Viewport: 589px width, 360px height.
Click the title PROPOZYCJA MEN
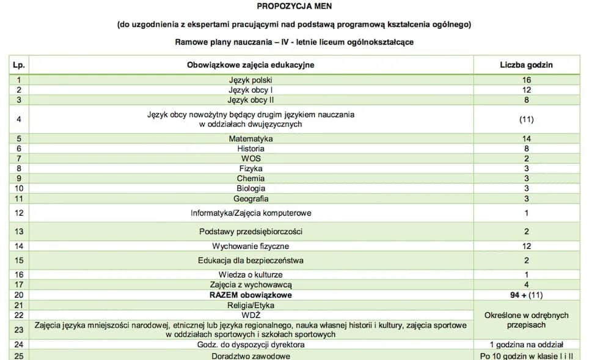(x=294, y=7)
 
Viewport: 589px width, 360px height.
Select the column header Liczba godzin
(x=526, y=65)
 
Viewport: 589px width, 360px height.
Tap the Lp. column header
(x=19, y=65)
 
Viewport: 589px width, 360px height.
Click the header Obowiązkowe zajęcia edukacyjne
(x=251, y=65)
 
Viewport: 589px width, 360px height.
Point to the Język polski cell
(x=251, y=80)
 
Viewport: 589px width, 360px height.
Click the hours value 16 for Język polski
(x=526, y=80)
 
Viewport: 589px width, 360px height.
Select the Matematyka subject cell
(x=251, y=139)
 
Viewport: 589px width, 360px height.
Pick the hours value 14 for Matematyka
(x=526, y=139)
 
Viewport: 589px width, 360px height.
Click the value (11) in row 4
(x=526, y=119)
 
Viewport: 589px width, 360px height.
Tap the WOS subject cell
(x=251, y=158)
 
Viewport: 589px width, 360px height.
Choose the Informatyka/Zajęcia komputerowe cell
(x=251, y=213)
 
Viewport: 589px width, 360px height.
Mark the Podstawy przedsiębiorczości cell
(x=251, y=232)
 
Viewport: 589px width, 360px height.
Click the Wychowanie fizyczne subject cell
(x=251, y=246)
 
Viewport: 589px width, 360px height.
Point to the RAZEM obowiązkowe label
(x=251, y=295)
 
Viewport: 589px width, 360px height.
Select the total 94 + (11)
(x=526, y=295)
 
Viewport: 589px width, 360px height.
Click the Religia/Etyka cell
(x=251, y=305)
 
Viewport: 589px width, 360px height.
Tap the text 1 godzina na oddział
(x=526, y=345)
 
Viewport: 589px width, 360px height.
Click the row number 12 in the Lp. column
(x=19, y=213)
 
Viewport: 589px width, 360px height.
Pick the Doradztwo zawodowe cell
(x=251, y=356)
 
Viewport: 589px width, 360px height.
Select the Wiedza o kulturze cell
(x=251, y=275)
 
